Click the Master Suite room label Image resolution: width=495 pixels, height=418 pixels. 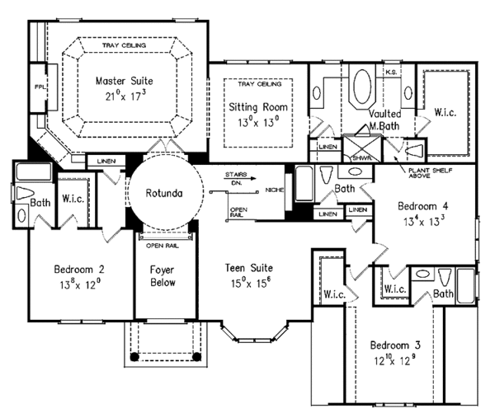(x=124, y=81)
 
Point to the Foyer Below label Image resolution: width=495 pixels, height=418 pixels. (x=161, y=276)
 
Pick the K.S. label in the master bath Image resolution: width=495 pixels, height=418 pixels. (x=392, y=72)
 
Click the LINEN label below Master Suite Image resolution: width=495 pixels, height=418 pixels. (x=104, y=161)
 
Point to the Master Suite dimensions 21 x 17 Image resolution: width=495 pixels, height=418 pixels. (x=124, y=96)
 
